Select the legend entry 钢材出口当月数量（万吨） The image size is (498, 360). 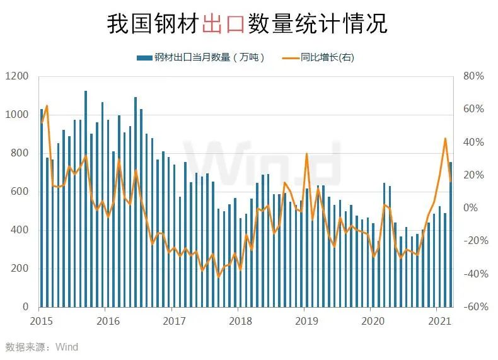(200, 58)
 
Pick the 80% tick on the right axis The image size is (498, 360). (472, 76)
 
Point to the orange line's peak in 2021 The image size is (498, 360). (446, 138)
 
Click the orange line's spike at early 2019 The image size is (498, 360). (306, 154)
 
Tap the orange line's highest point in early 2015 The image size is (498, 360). (47, 106)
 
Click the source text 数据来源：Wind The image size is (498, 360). (42, 347)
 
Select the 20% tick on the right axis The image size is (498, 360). (473, 175)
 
